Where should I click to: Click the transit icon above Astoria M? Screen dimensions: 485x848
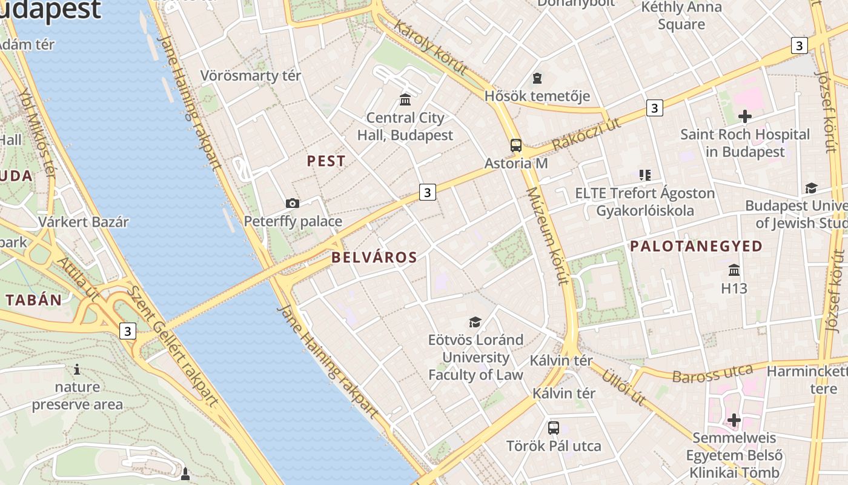[x=515, y=145]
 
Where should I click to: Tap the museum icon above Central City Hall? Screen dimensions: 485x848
[x=405, y=99]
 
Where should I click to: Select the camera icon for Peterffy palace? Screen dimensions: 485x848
[x=293, y=203]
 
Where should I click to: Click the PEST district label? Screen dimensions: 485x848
[x=326, y=161]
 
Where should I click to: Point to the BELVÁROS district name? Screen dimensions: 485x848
[x=374, y=257]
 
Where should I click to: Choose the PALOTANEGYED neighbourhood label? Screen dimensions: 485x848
[x=696, y=246]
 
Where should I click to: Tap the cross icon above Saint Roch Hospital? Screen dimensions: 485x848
[x=745, y=116]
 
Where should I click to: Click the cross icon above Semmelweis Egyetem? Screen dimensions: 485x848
[x=734, y=420]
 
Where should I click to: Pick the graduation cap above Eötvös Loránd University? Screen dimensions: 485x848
[x=475, y=322]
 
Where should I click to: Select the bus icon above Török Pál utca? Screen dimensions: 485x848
[x=554, y=428]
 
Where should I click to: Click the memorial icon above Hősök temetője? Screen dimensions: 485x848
[x=537, y=78]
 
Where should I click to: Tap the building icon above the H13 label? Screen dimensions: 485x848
[x=734, y=270]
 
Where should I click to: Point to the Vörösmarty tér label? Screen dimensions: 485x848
[x=251, y=76]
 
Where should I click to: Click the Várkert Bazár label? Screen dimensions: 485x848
[x=84, y=222]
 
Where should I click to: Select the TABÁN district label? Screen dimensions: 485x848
[x=34, y=300]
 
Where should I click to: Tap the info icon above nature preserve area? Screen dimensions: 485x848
[x=77, y=369]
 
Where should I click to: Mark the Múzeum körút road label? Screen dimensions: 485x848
[x=547, y=236]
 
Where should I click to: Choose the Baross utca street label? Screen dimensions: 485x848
[x=712, y=373]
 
